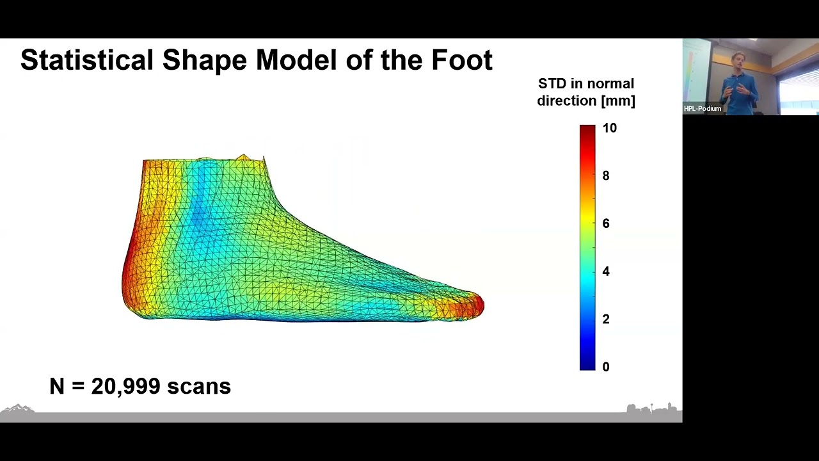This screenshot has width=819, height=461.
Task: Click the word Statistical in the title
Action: (87, 60)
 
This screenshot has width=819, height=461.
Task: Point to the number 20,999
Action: (125, 386)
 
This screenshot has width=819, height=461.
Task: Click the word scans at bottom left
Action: (198, 386)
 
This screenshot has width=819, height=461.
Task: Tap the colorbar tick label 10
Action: (609, 128)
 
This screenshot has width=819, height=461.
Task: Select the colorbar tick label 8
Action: (606, 175)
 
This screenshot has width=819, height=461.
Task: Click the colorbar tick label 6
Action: (606, 223)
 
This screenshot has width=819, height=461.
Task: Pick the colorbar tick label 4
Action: (606, 271)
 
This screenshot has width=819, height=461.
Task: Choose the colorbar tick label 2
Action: (606, 319)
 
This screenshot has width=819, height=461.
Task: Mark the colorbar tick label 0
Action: (606, 367)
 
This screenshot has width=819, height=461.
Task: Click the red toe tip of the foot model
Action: (477, 305)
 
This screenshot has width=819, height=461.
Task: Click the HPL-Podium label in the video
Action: (702, 109)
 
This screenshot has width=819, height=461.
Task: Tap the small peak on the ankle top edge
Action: (243, 156)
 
